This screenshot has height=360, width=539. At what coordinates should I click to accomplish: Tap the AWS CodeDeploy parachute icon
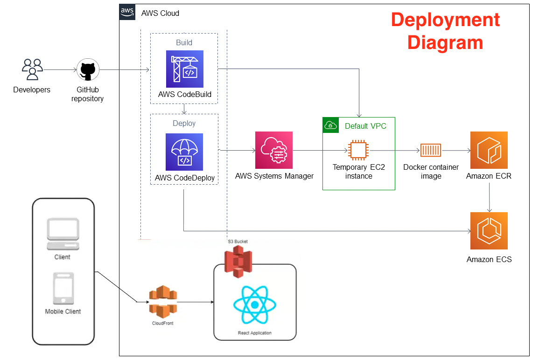[184, 152]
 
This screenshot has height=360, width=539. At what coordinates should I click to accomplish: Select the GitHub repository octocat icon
[87, 71]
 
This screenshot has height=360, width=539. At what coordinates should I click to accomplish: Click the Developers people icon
[32, 69]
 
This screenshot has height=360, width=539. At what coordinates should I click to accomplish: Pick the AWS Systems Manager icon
[274, 150]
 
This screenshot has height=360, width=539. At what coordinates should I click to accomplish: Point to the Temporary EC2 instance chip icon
[358, 150]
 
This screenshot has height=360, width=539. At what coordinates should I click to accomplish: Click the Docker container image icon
[430, 150]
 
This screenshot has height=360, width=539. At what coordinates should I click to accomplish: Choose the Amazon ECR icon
[489, 150]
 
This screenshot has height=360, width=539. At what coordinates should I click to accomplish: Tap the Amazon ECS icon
[489, 231]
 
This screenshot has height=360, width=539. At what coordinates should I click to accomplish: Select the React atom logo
[254, 305]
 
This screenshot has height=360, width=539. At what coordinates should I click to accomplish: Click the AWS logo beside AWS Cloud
[127, 12]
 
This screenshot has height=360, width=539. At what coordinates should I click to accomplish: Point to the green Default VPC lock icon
[330, 125]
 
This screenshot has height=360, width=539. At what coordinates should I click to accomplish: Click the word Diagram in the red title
[445, 42]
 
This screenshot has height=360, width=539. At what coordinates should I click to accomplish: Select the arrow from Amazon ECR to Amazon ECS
[489, 198]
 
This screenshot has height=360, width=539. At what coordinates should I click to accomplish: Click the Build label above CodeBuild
[184, 42]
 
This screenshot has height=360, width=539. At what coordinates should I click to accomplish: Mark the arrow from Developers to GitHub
[60, 70]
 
